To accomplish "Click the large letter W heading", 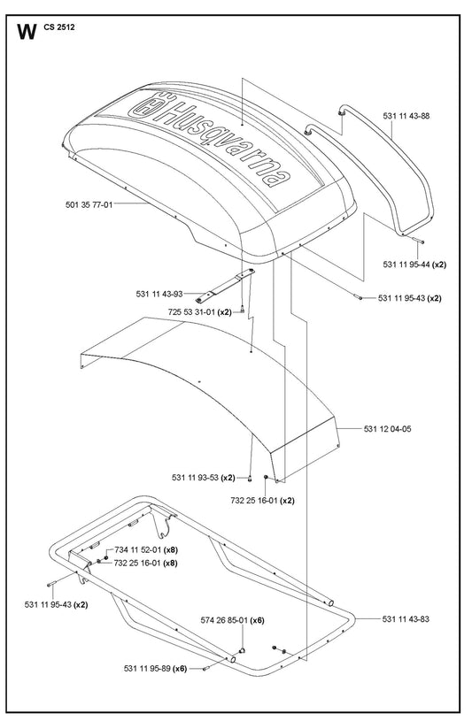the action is [x=27, y=32].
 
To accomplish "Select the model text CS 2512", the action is [x=59, y=27].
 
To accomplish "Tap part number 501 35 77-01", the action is [x=89, y=204].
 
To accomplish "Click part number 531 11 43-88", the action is [x=406, y=116].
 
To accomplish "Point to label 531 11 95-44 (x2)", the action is [x=414, y=265].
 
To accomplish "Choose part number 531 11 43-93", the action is [x=159, y=294].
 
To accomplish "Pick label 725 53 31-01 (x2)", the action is [x=199, y=311].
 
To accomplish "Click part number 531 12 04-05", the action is [x=387, y=429].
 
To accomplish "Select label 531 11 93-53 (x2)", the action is [x=204, y=478].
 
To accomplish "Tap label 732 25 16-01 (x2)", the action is [x=262, y=501].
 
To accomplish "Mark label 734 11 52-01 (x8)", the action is [x=146, y=549].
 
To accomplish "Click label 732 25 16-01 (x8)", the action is [x=146, y=563].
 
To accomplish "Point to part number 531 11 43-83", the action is [x=406, y=619].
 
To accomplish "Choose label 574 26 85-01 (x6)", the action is [x=233, y=620].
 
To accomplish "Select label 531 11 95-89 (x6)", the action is [x=155, y=669].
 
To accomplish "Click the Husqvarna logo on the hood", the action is [x=210, y=139].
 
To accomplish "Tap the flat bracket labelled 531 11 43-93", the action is [x=225, y=286].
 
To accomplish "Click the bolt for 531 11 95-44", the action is [x=418, y=241].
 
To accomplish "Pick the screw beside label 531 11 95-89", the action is [x=206, y=669].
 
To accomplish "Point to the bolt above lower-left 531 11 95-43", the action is [x=51, y=585].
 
